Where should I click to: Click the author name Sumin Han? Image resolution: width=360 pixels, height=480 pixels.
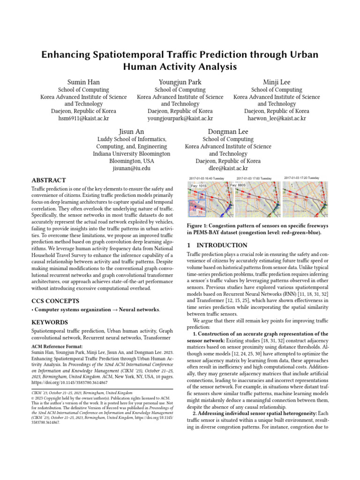tap(83, 82)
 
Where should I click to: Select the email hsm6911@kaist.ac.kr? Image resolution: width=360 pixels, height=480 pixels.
tap(83, 119)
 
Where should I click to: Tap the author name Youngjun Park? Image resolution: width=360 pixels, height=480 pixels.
tap(180, 82)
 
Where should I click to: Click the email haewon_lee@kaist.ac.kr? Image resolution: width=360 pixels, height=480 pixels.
tap(277, 119)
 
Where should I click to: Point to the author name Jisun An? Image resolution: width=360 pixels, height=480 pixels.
tap(131, 132)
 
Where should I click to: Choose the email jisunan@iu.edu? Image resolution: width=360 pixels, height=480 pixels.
tap(131, 168)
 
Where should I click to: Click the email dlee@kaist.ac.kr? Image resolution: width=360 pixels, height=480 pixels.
tap(228, 168)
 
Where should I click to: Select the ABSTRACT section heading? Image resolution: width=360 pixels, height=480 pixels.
tap(48, 180)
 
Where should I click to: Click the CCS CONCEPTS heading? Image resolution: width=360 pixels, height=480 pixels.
tap(55, 300)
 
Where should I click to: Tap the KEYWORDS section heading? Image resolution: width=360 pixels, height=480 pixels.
tap(50, 322)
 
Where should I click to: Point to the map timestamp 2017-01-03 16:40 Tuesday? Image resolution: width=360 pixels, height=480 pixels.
tap(207, 179)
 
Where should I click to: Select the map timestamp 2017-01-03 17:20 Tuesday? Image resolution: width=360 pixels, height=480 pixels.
tap(301, 178)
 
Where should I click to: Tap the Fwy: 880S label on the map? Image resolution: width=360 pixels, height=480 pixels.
tap(239, 186)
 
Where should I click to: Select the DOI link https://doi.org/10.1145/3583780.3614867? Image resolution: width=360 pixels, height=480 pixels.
tap(76, 382)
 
